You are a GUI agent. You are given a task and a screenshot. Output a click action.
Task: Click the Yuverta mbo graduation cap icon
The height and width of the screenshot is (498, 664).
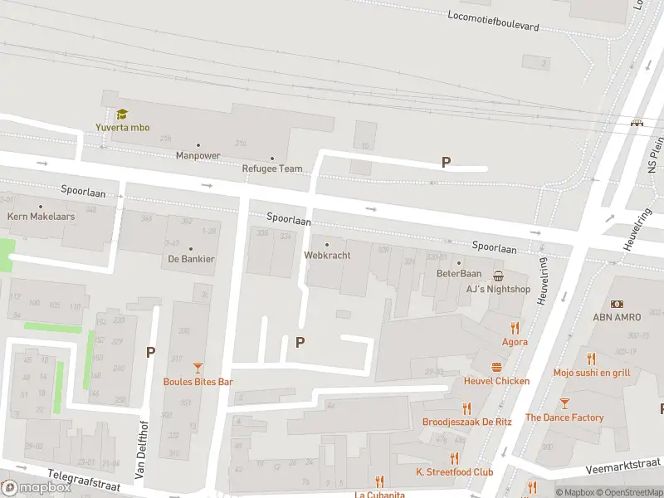tap(122, 115)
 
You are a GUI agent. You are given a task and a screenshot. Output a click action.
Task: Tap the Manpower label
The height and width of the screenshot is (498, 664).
tap(198, 155)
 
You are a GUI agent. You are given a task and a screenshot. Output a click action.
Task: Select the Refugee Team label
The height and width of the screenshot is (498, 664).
tap(272, 168)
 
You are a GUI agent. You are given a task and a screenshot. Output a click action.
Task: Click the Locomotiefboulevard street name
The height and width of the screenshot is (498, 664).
tap(493, 21)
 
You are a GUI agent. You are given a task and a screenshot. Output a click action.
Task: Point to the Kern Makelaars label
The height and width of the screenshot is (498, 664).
tap(41, 217)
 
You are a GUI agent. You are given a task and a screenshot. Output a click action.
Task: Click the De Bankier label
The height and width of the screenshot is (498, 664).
tap(191, 259)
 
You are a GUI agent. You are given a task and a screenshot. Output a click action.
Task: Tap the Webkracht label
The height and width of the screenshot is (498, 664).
tap(327, 256)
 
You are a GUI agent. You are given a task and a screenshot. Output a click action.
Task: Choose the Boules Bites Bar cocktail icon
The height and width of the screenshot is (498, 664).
tap(198, 367)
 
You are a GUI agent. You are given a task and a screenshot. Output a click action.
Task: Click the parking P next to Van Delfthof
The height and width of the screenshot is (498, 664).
tap(150, 352)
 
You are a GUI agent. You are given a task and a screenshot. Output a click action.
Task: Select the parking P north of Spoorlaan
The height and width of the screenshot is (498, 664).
tap(446, 163)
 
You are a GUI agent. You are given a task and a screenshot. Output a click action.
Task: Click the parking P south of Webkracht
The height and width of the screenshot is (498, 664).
tap(300, 342)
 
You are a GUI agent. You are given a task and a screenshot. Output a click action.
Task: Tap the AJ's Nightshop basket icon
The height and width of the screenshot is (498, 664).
tap(498, 276)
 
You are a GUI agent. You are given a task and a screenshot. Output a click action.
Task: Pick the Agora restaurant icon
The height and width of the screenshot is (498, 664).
tap(515, 327)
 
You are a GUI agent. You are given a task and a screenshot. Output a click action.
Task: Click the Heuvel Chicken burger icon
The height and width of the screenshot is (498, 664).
tap(496, 367)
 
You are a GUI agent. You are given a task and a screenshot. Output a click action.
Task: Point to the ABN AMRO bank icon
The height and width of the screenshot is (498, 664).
tap(618, 305)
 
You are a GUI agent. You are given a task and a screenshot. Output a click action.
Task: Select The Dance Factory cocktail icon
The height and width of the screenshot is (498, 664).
tap(564, 403)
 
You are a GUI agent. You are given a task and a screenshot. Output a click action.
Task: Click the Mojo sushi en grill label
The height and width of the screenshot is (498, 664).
tap(592, 373)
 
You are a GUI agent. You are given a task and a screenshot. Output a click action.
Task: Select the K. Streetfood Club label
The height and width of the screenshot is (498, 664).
tap(455, 472)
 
